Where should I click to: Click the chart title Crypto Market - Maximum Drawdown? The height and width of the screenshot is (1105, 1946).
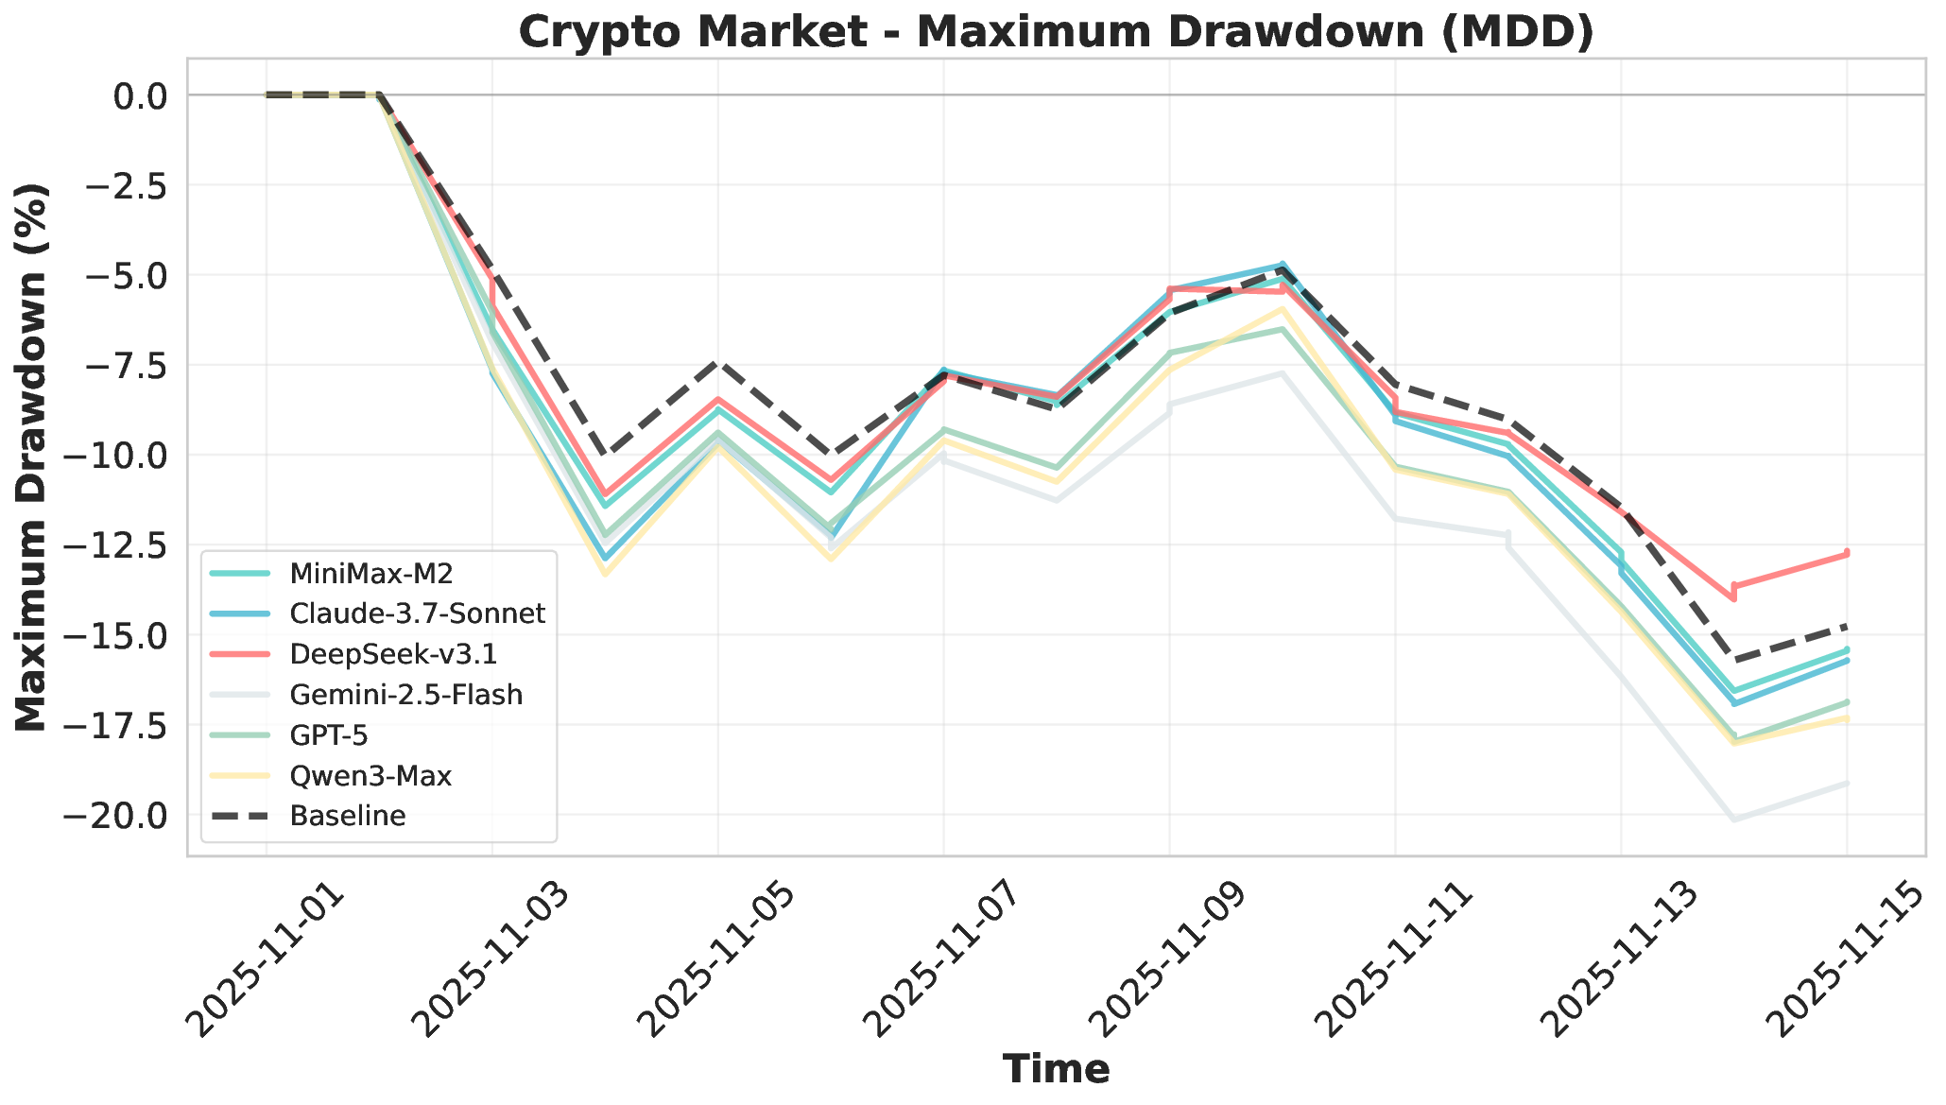[1057, 32]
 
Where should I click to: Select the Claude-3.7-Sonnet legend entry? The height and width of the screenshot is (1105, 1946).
[418, 613]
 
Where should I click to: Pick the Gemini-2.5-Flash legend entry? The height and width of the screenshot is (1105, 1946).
[406, 695]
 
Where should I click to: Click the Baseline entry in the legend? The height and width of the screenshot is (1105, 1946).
[348, 816]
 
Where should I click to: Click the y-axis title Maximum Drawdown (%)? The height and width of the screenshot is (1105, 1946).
[32, 457]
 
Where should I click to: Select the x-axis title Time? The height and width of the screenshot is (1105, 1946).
[1057, 1069]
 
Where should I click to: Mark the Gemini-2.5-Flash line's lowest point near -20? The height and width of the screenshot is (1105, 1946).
[1734, 819]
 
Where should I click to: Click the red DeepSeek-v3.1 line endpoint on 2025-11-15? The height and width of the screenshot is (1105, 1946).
[1847, 553]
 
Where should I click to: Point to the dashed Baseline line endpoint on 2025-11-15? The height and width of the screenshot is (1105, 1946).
[1847, 626]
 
